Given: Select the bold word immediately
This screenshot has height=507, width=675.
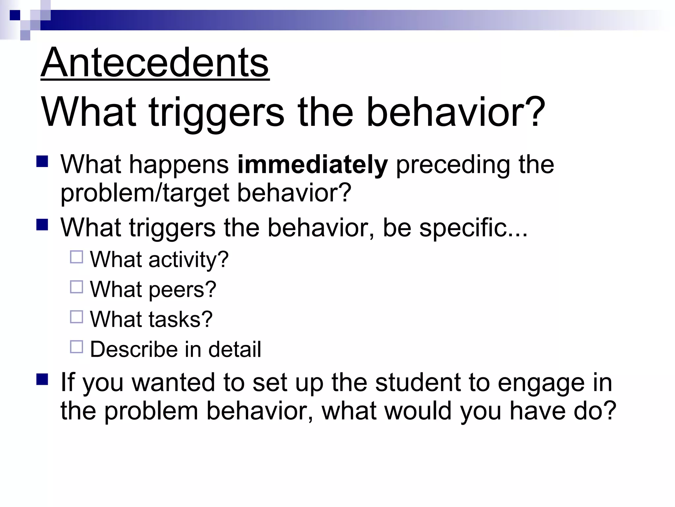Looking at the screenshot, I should [312, 165].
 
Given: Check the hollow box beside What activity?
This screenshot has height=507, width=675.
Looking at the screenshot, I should [76, 257].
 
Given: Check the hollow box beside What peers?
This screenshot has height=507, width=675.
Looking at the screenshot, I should [76, 287].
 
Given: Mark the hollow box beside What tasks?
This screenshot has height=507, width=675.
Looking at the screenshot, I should [76, 317].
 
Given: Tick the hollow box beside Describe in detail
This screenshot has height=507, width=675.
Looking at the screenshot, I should [76, 347].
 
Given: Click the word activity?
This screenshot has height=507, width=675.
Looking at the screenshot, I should [188, 260].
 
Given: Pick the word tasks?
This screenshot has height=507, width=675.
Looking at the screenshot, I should [180, 320].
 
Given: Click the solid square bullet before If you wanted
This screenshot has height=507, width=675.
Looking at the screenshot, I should [43, 380].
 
